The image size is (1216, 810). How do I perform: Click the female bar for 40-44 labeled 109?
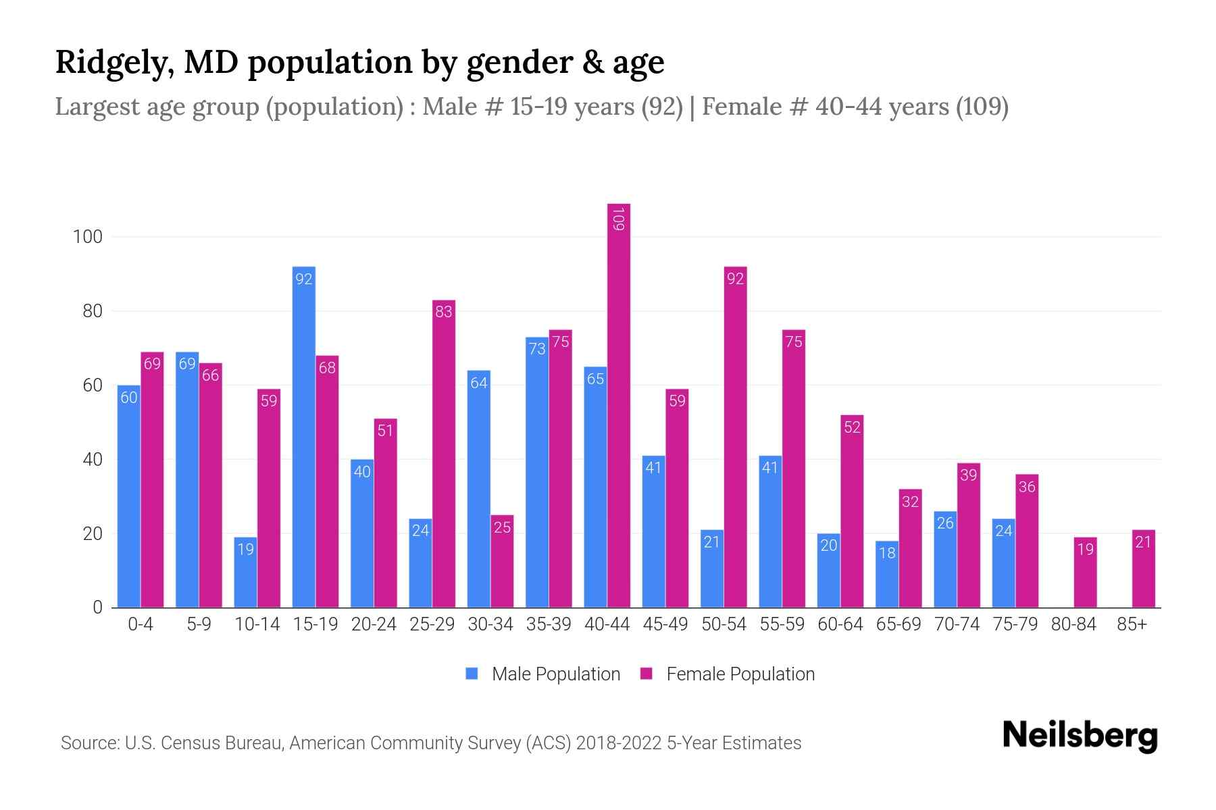(x=619, y=405)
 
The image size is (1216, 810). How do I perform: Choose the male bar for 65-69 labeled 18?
(x=886, y=574)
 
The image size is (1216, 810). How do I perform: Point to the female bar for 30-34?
(x=502, y=562)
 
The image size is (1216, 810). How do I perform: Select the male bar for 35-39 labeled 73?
(x=537, y=473)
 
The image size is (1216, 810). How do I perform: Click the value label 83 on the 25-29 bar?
(x=444, y=312)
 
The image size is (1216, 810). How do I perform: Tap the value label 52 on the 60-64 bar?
(x=852, y=427)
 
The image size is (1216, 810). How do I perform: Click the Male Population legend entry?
(x=543, y=674)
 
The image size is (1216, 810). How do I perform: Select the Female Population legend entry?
(x=728, y=674)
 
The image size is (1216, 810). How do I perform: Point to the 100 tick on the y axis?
(x=88, y=237)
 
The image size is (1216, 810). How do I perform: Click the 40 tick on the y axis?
(x=92, y=460)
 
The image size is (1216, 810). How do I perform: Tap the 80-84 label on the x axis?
(x=1073, y=624)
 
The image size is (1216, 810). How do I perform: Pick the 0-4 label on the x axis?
(x=141, y=624)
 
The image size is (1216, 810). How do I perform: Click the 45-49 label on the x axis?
(x=665, y=624)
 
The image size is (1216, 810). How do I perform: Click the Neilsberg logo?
(x=1080, y=736)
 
